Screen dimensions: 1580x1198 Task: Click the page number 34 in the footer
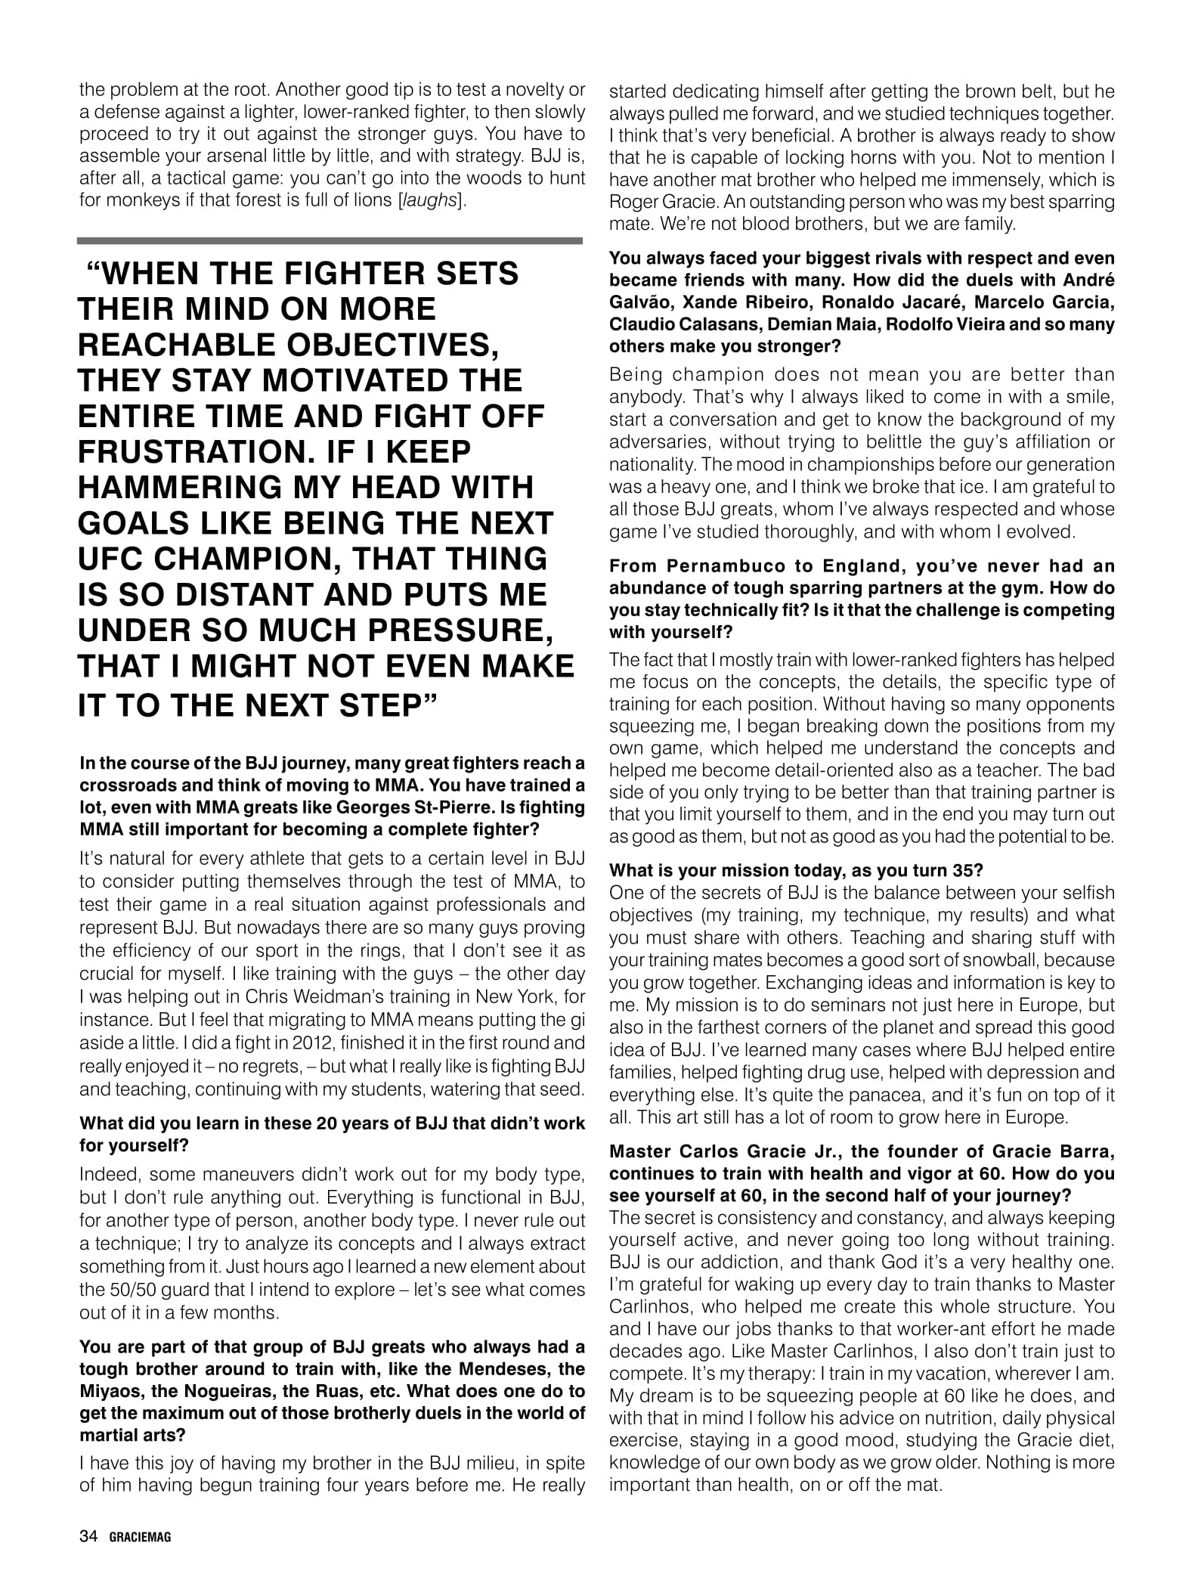pos(88,1536)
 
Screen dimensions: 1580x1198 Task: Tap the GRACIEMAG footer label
pos(140,1537)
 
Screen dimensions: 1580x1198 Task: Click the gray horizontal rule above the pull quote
pos(330,240)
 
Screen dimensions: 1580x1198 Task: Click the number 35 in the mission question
pos(958,869)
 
